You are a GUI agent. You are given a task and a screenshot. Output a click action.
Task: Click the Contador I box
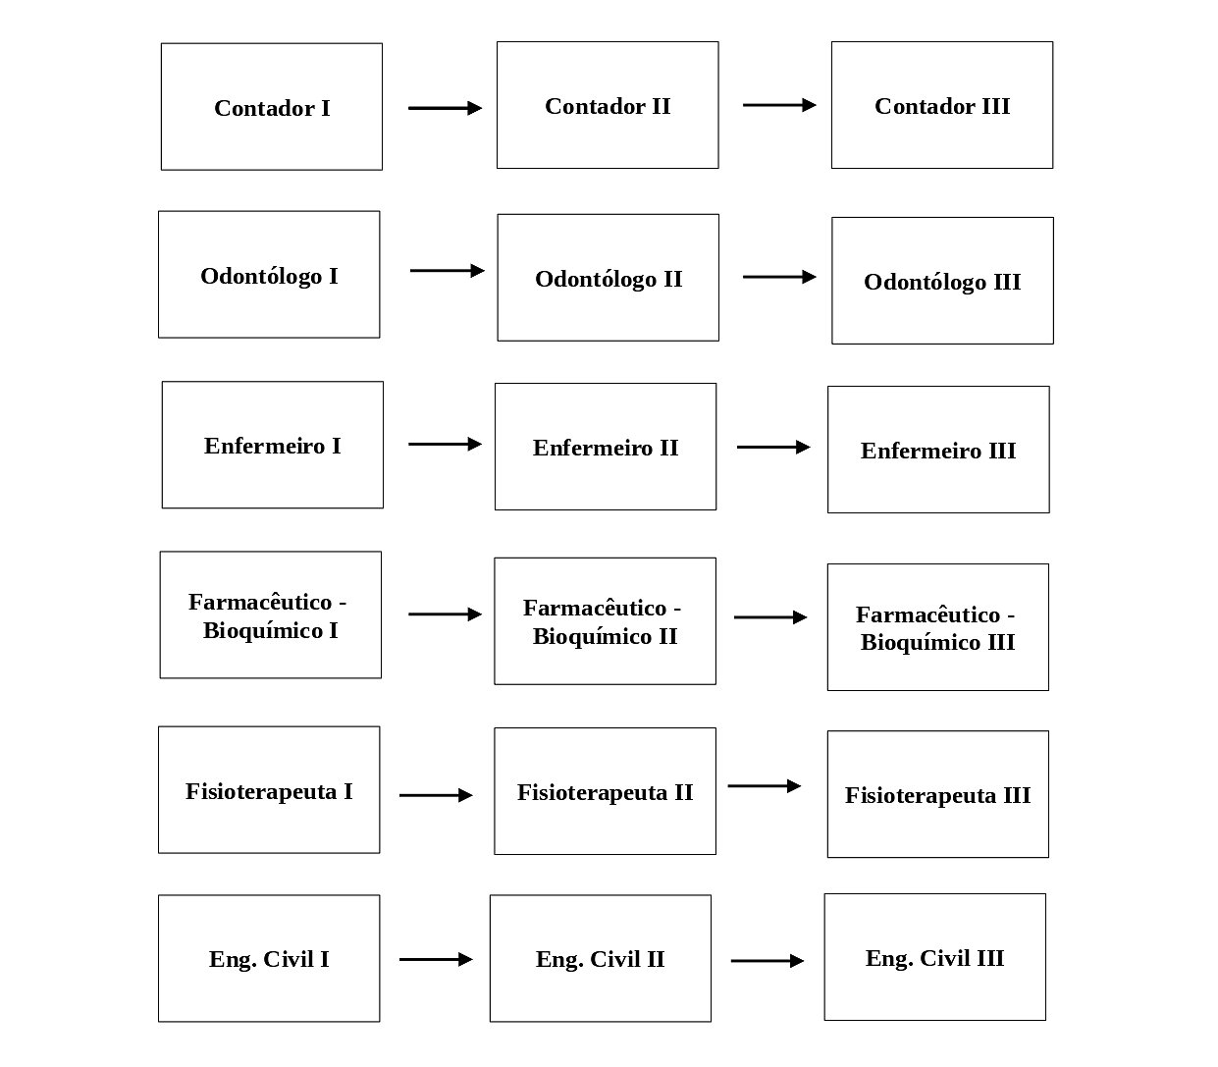click(x=272, y=107)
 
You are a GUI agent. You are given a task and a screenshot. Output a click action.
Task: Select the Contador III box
click(x=942, y=105)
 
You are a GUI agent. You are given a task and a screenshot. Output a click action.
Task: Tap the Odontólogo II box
click(x=608, y=278)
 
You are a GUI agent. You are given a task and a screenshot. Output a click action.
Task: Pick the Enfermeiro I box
click(x=273, y=445)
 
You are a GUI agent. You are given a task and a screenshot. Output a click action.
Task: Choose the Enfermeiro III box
click(x=938, y=450)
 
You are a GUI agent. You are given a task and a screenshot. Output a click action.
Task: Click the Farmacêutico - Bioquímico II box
click(x=605, y=621)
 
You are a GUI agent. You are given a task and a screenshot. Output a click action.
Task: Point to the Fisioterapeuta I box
click(x=269, y=789)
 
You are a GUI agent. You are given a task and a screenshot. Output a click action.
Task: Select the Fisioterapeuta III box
click(x=937, y=794)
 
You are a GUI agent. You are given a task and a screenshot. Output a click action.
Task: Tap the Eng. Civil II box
click(x=600, y=959)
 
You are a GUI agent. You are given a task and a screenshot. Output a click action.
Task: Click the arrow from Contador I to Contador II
click(x=445, y=108)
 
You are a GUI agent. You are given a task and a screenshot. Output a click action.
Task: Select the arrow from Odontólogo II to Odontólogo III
click(x=779, y=277)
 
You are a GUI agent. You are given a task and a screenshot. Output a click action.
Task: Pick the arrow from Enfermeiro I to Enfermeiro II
click(x=445, y=445)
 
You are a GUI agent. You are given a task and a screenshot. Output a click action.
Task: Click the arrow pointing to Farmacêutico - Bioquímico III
click(x=770, y=617)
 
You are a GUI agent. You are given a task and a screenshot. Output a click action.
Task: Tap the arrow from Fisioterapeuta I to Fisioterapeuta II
click(x=436, y=795)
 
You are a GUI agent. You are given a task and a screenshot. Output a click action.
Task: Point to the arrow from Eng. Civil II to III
click(x=768, y=960)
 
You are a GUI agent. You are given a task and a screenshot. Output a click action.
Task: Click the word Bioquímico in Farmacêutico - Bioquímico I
click(x=262, y=631)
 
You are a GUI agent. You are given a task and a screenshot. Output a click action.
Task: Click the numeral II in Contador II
click(x=661, y=107)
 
